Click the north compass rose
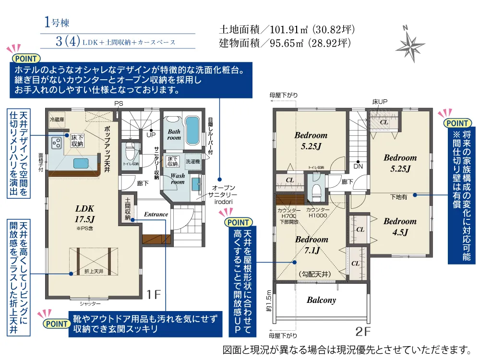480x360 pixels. click(411, 43)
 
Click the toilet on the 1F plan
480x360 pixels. click(129, 153)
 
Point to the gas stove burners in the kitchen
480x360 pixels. click(56, 143)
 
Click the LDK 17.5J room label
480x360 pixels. click(84, 213)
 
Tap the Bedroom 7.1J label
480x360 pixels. click(312, 244)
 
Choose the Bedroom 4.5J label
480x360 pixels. click(400, 227)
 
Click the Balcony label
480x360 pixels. click(321, 300)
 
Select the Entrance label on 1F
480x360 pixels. click(156, 214)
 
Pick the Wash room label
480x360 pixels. click(178, 179)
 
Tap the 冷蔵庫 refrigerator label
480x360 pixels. click(57, 119)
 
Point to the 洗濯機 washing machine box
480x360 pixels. click(193, 162)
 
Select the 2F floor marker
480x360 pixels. click(363, 331)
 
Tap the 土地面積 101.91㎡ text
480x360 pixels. click(287, 29)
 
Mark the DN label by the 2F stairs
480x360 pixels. click(358, 166)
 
